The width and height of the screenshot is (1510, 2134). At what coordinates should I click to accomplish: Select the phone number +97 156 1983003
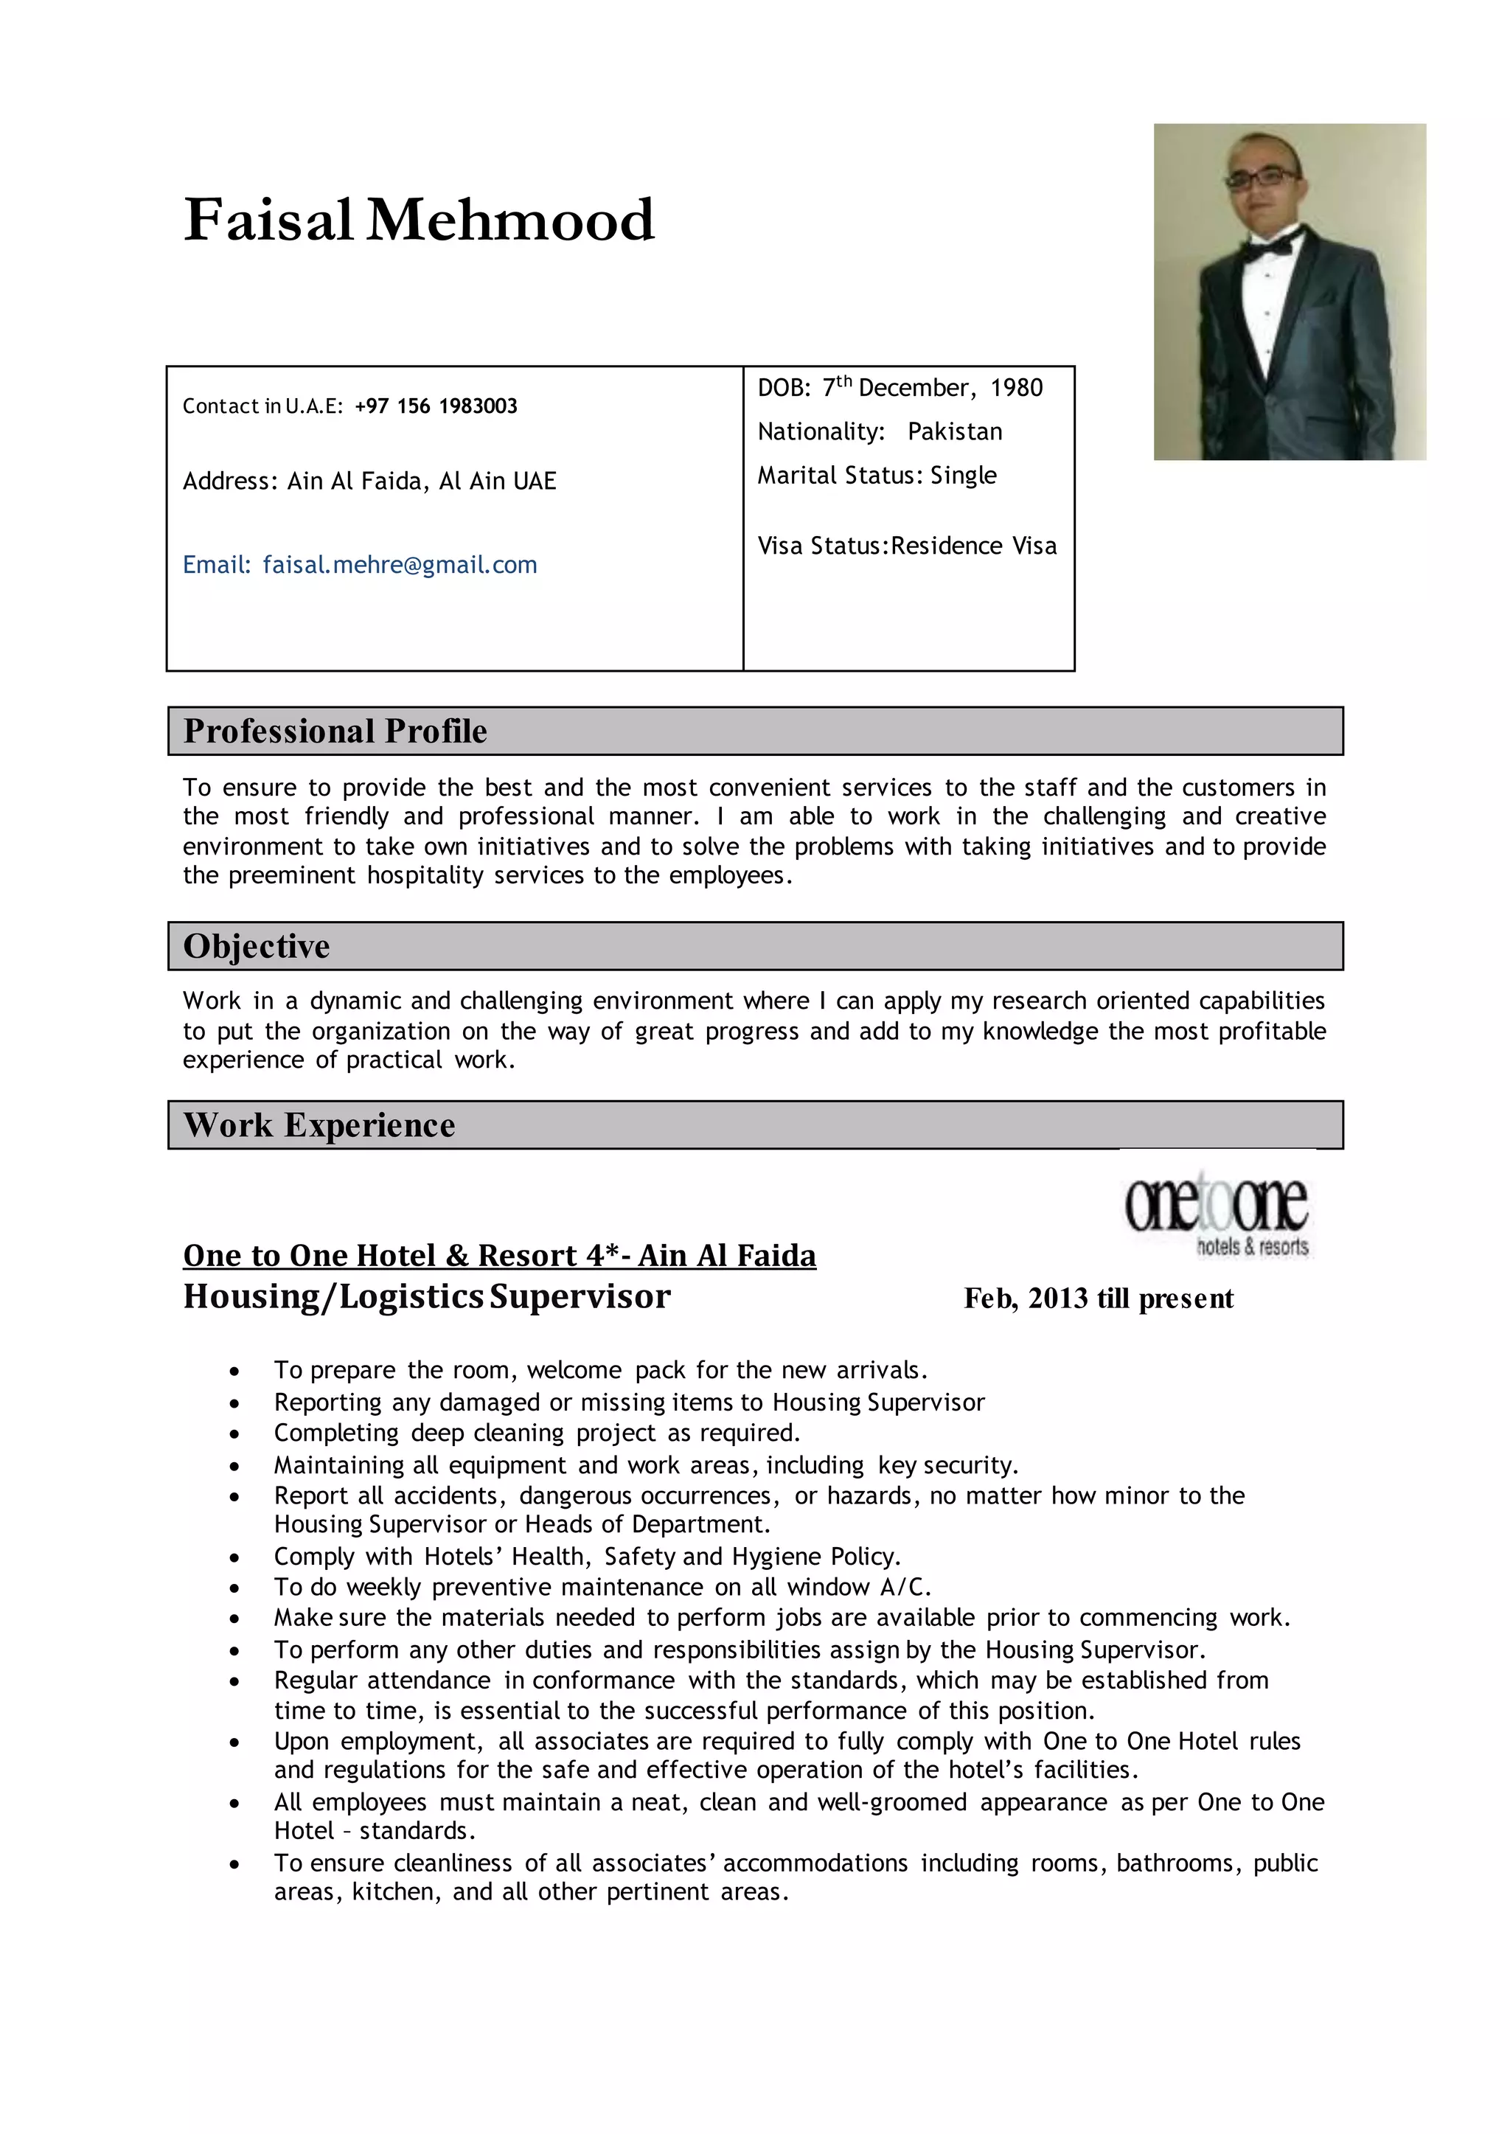point(435,406)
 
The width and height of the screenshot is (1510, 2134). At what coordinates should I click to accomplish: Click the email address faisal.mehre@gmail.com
point(400,564)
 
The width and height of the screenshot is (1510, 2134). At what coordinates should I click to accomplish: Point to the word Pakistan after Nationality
point(955,431)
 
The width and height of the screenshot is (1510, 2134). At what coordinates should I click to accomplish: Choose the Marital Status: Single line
point(876,475)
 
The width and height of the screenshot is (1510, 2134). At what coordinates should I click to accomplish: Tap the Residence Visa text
point(973,546)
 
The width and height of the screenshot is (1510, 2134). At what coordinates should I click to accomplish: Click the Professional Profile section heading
point(335,731)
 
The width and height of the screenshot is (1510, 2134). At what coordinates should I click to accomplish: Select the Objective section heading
point(257,945)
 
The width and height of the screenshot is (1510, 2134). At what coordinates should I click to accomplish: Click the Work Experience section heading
point(319,1125)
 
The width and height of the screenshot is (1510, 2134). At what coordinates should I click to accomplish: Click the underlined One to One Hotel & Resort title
point(499,1255)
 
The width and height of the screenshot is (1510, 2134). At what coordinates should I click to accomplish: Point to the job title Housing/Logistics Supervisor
point(427,1296)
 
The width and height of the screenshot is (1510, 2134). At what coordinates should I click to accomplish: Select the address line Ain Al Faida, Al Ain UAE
point(421,481)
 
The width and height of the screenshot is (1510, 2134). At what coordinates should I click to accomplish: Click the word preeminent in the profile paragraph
point(292,875)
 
